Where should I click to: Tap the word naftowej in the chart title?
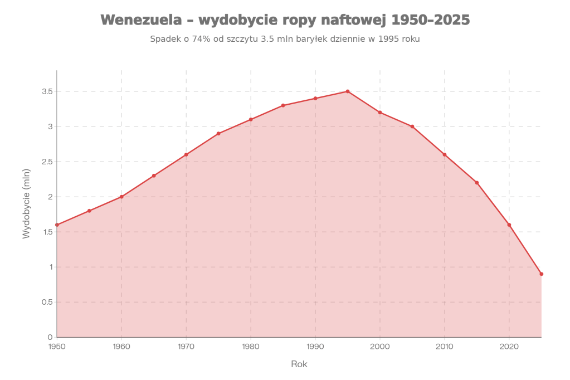[355, 20]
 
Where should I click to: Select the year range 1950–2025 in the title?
[430, 20]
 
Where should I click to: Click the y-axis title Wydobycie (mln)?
[26, 203]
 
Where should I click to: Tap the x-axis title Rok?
[299, 364]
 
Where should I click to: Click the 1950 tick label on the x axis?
[57, 347]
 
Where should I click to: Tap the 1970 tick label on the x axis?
[186, 347]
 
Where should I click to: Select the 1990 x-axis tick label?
[315, 347]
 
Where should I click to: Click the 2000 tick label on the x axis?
[380, 347]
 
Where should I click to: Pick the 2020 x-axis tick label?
[509, 347]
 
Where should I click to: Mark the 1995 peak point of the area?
[348, 91]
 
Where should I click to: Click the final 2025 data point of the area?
[541, 274]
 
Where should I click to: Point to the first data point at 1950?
[57, 225]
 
